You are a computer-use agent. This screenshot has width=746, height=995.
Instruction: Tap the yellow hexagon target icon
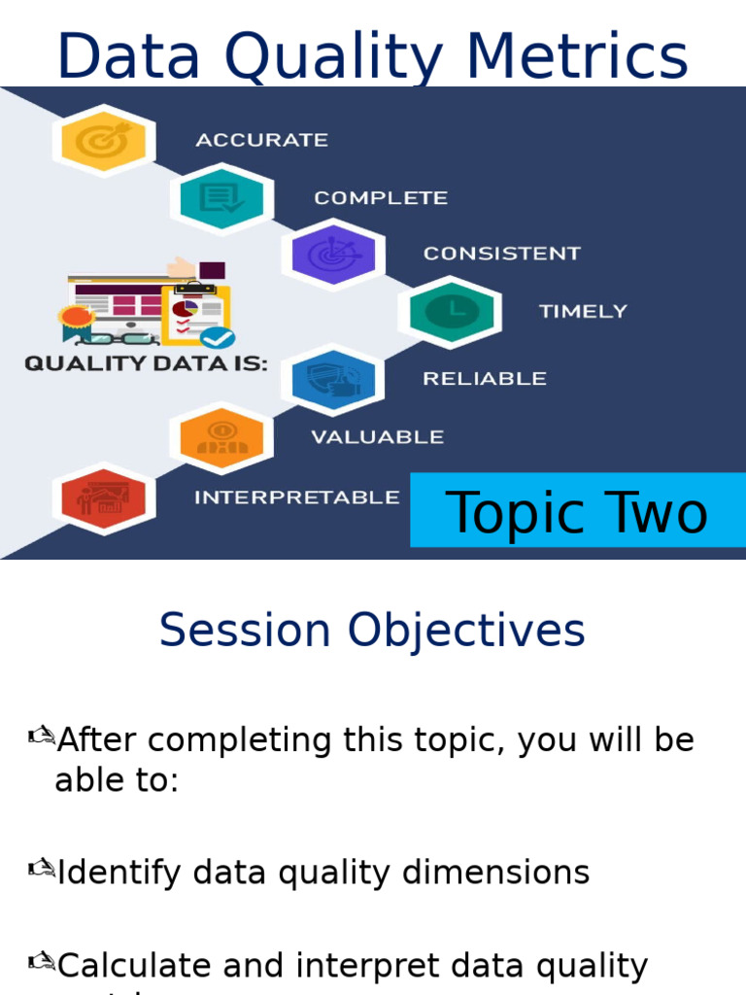pyautogui.click(x=103, y=141)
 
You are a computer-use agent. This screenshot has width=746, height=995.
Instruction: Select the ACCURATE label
pyautogui.click(x=261, y=140)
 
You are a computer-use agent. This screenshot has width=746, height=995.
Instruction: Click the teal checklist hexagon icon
pyautogui.click(x=221, y=199)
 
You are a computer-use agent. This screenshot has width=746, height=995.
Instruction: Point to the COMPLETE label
pyautogui.click(x=381, y=198)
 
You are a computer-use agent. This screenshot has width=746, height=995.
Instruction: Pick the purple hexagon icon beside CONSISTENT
pyautogui.click(x=334, y=255)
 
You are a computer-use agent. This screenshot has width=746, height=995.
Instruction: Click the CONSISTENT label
pyautogui.click(x=501, y=254)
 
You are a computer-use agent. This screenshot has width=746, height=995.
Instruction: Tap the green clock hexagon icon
pyautogui.click(x=450, y=312)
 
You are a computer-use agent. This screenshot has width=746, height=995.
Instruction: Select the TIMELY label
pyautogui.click(x=583, y=312)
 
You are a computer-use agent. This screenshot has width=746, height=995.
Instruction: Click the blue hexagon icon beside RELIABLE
pyautogui.click(x=333, y=379)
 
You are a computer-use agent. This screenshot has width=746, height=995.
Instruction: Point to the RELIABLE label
pyautogui.click(x=484, y=379)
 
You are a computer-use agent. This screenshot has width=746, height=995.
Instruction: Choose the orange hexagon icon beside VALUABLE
pyautogui.click(x=221, y=438)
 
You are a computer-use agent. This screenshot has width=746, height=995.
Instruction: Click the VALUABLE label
pyautogui.click(x=377, y=437)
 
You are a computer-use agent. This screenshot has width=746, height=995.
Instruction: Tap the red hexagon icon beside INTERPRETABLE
pyautogui.click(x=103, y=497)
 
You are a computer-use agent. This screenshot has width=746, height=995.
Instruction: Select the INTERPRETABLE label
pyautogui.click(x=296, y=497)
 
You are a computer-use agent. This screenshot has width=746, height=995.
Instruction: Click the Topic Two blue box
pyautogui.click(x=577, y=511)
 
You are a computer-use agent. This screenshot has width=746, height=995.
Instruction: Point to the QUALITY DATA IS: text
pyautogui.click(x=146, y=364)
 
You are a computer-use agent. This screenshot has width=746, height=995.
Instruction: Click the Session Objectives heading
pyautogui.click(x=372, y=631)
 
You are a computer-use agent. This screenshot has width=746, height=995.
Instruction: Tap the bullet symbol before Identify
pyautogui.click(x=41, y=870)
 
